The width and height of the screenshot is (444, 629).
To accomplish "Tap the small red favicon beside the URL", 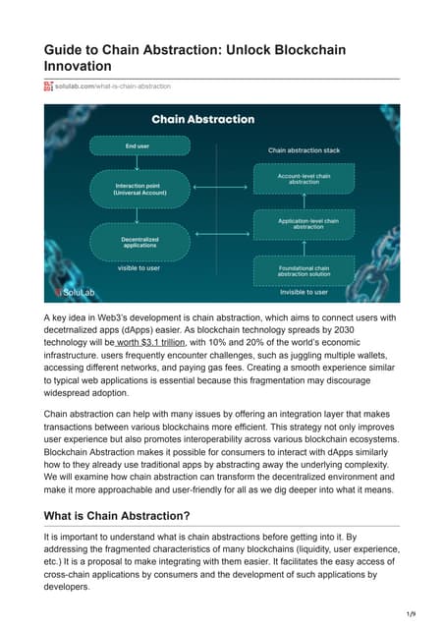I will [x=49, y=86].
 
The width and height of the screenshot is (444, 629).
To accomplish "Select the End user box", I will [x=146, y=145].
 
